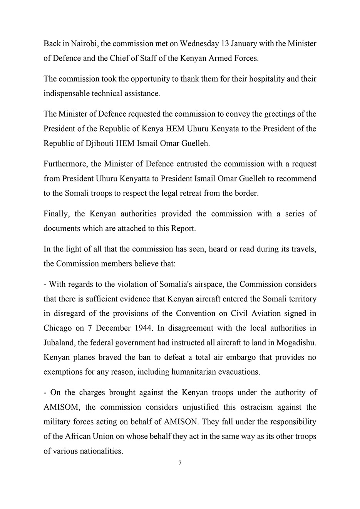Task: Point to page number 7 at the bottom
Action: pos(180,463)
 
